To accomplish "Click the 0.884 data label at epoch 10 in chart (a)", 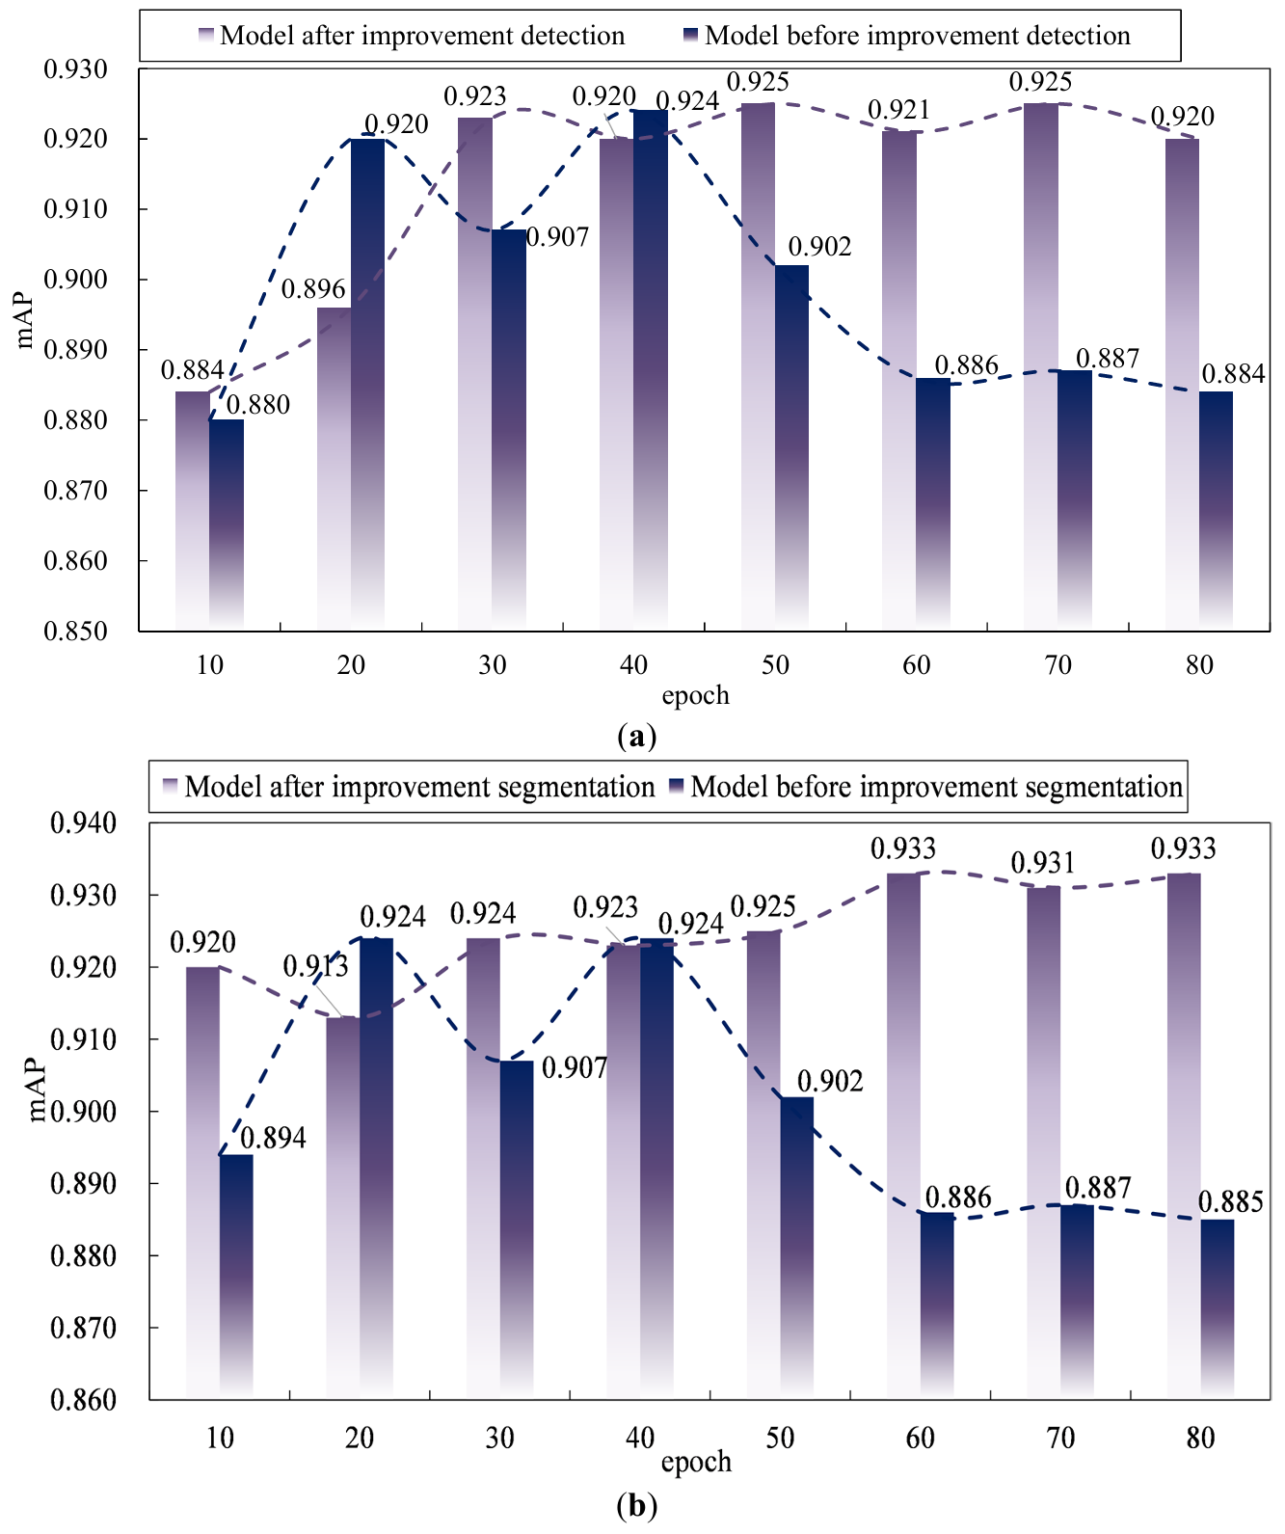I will pyautogui.click(x=192, y=370).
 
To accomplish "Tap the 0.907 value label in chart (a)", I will pyautogui.click(x=558, y=237).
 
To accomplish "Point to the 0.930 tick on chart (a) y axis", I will pyautogui.click(x=76, y=69).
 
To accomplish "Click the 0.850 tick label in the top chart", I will pyautogui.click(x=76, y=631).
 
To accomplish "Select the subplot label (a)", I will pyautogui.click(x=636, y=737).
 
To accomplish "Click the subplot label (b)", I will pyautogui.click(x=636, y=1505).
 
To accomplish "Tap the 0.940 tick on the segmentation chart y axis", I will pyautogui.click(x=83, y=823).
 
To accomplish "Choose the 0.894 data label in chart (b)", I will pyautogui.click(x=273, y=1138).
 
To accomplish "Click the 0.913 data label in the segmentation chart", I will pyautogui.click(x=315, y=966).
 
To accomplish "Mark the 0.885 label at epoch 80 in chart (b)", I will pyautogui.click(x=1230, y=1202).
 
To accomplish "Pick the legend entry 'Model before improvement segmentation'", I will pyautogui.click(x=936, y=787).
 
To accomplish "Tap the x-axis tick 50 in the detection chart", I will pyautogui.click(x=775, y=665).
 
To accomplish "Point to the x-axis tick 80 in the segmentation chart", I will pyautogui.click(x=1200, y=1438).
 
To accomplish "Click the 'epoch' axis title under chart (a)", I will pyautogui.click(x=695, y=695).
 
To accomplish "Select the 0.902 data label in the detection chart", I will pyautogui.click(x=819, y=247).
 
